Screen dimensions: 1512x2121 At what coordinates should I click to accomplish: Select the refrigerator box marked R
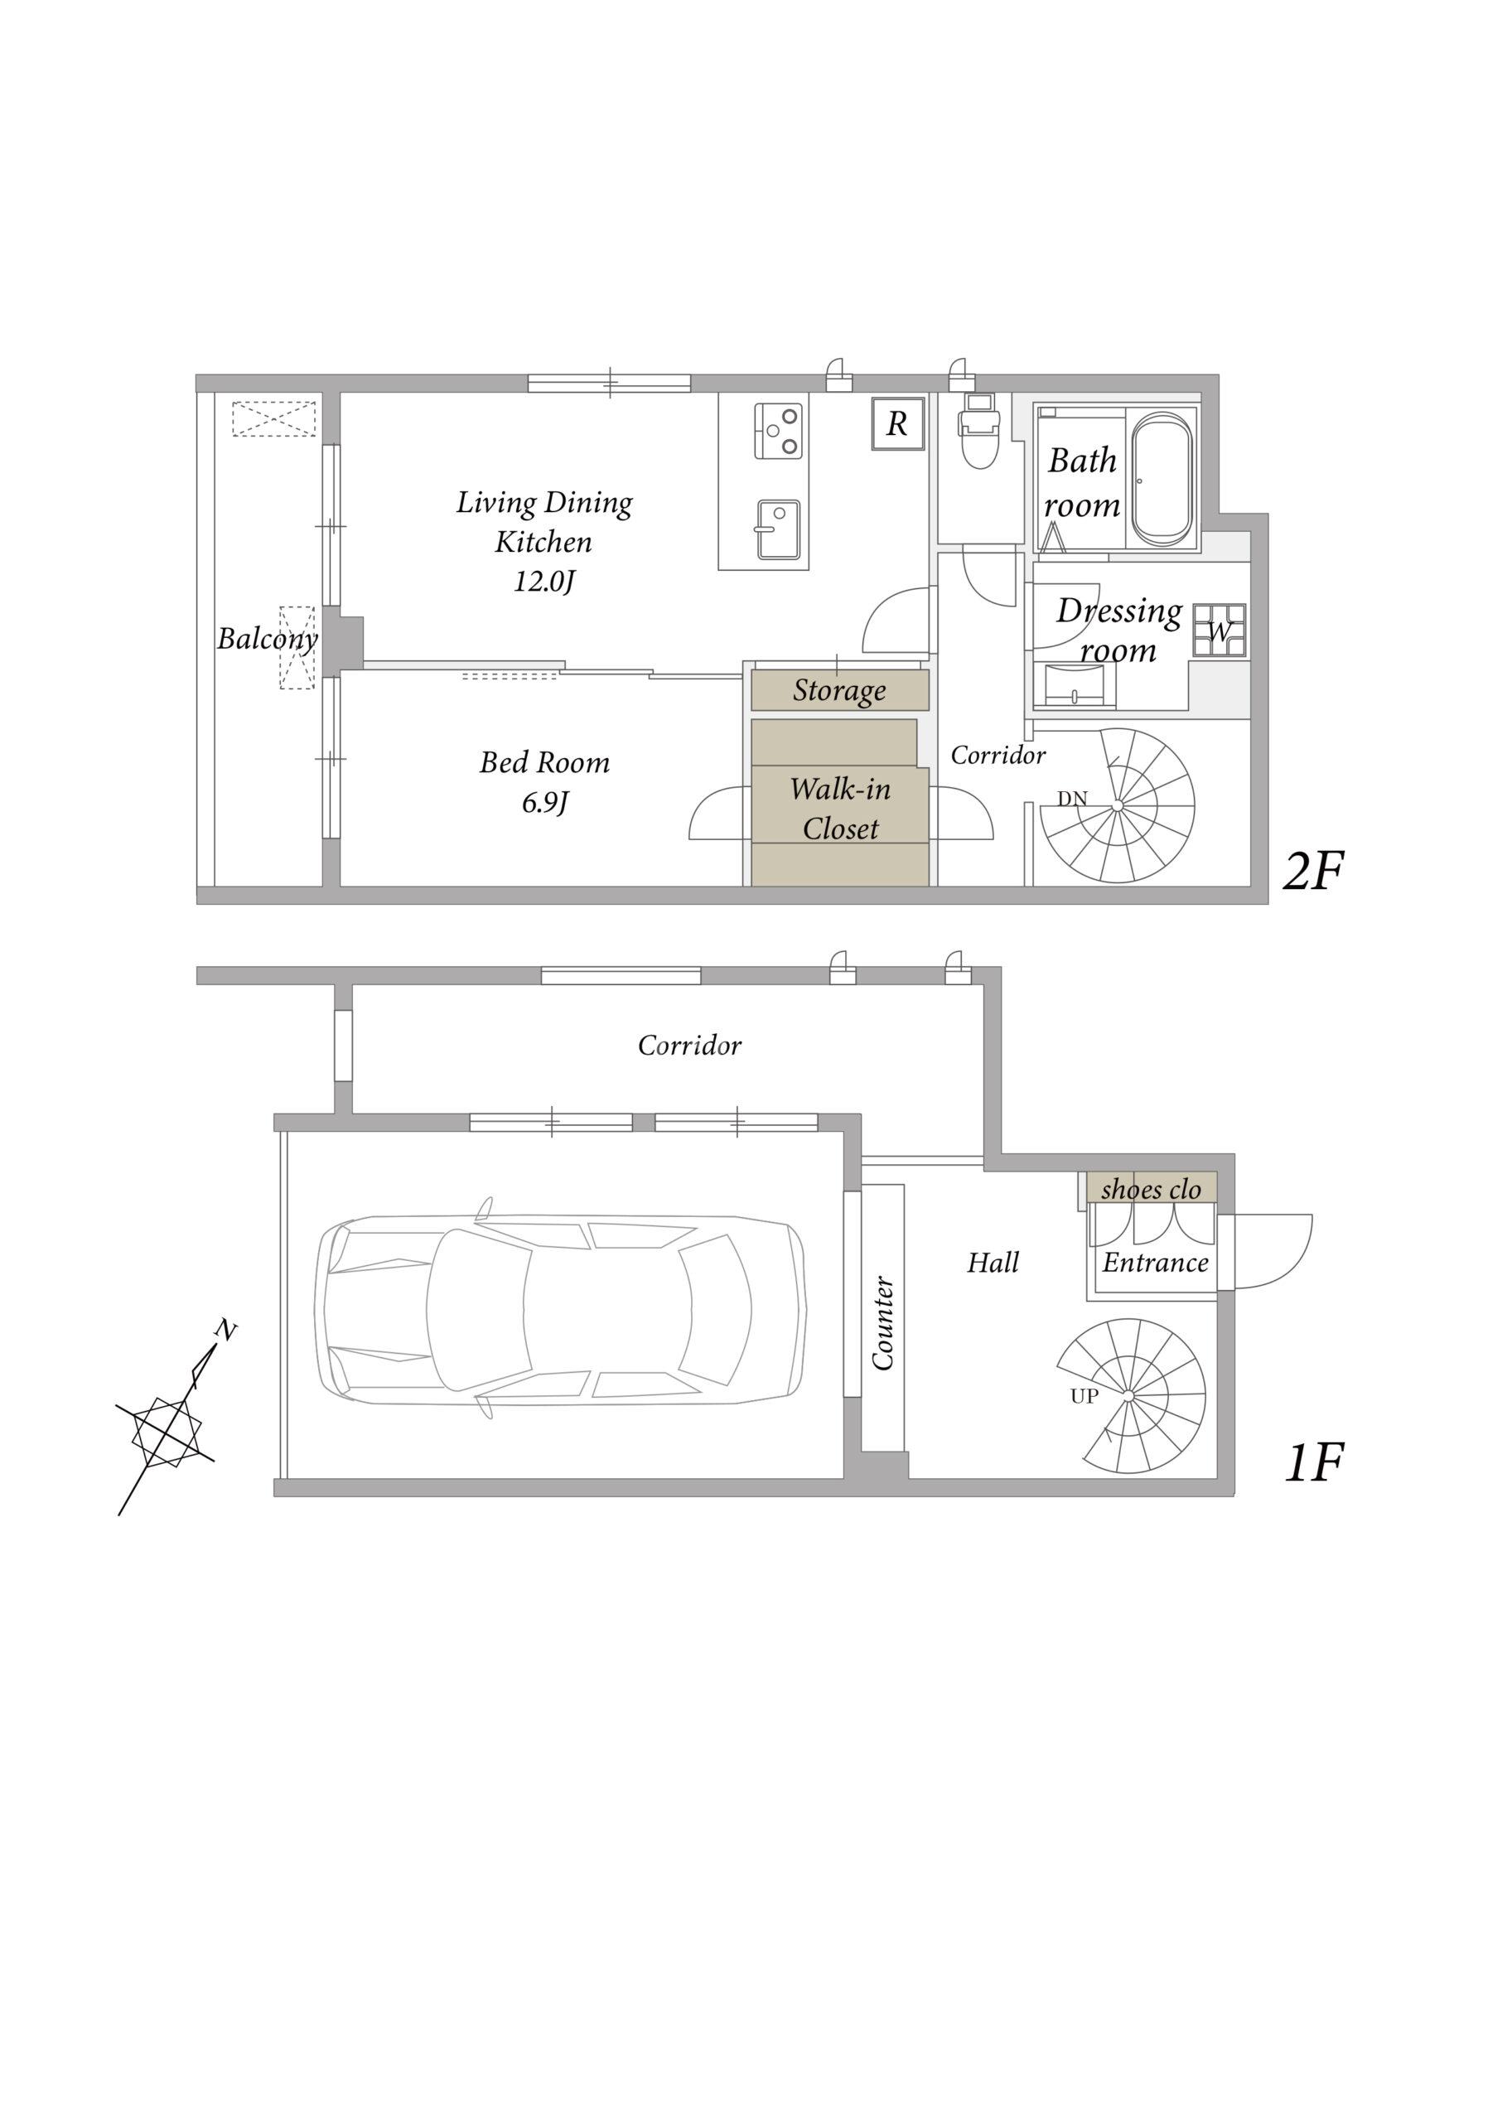click(x=897, y=423)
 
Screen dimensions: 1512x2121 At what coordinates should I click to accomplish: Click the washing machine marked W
click(x=1220, y=631)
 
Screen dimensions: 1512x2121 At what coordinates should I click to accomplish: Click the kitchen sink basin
click(x=777, y=529)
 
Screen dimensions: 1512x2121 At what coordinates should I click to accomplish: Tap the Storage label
click(x=840, y=691)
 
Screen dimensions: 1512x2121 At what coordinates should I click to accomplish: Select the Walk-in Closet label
click(x=841, y=808)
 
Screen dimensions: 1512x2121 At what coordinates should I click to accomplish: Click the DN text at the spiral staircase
click(x=1073, y=799)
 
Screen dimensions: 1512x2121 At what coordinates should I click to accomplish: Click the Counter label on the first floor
click(x=882, y=1323)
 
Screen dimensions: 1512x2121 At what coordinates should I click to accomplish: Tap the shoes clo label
click(x=1151, y=1189)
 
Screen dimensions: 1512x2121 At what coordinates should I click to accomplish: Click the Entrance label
click(x=1156, y=1263)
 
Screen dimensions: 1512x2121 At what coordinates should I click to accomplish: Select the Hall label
click(x=993, y=1263)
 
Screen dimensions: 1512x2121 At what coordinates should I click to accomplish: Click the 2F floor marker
click(x=1313, y=872)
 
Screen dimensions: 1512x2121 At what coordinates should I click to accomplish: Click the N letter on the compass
click(x=225, y=1331)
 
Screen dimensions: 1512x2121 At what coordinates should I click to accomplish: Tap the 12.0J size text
click(x=544, y=582)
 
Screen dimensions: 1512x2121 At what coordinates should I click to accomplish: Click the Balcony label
click(x=268, y=639)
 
